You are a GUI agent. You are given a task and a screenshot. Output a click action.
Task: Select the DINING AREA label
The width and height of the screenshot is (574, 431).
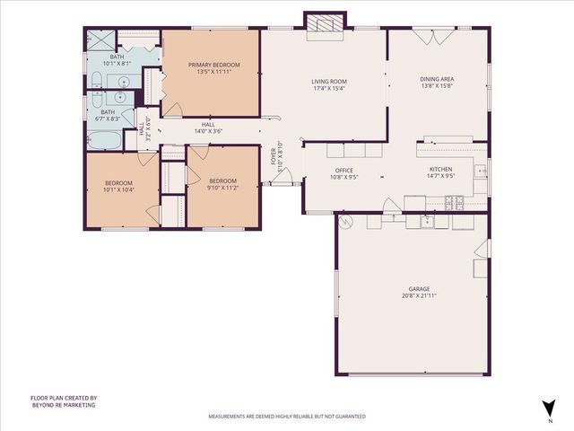click(x=437, y=79)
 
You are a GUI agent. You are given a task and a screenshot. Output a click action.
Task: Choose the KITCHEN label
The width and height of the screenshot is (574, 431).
click(x=440, y=170)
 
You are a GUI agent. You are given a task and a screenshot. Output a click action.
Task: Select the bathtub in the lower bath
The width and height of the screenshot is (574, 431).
click(x=101, y=141)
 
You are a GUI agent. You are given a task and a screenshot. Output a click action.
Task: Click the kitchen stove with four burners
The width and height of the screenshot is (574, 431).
click(x=454, y=203)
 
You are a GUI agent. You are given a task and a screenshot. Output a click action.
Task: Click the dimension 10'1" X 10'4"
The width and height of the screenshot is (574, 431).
click(x=118, y=190)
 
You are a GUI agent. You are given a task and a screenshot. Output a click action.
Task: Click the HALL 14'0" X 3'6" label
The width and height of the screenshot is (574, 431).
click(x=208, y=128)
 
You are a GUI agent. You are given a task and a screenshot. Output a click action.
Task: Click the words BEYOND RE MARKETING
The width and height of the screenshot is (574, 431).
click(x=63, y=405)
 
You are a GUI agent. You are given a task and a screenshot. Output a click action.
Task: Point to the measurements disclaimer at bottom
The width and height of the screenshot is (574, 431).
click(x=286, y=417)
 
